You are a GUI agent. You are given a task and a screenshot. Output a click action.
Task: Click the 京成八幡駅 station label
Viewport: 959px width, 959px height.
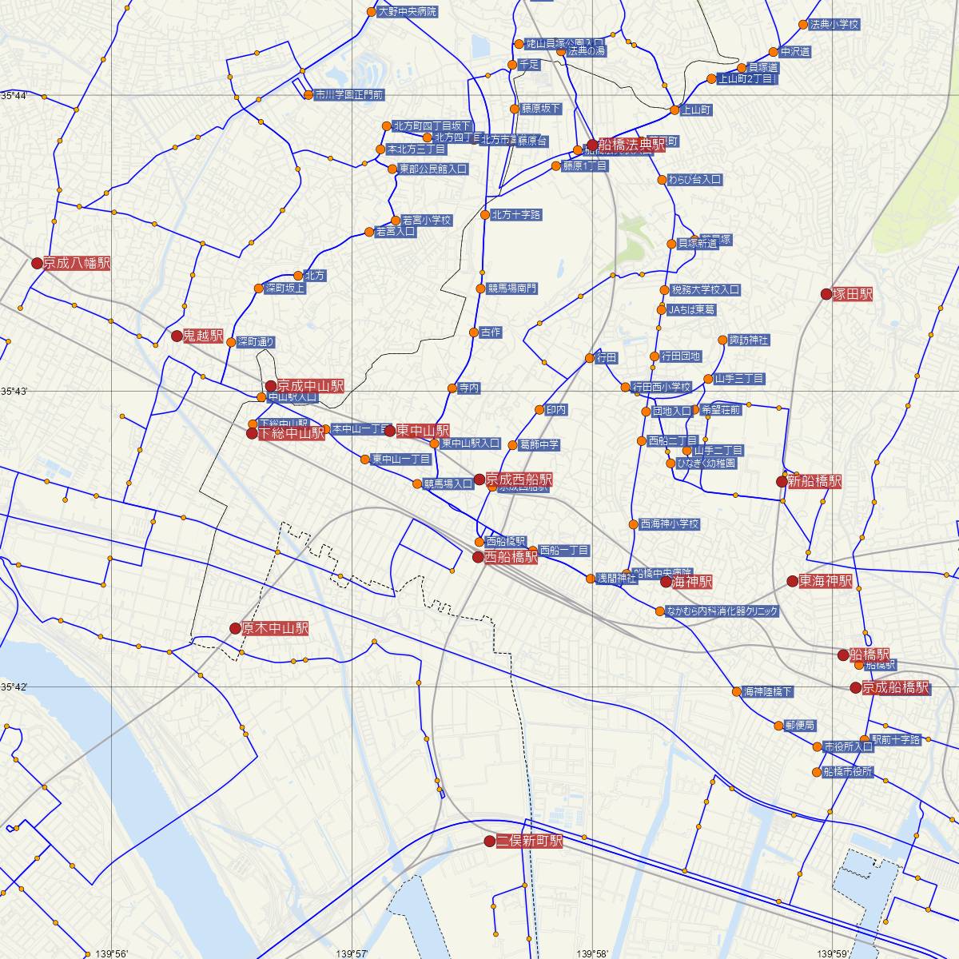(77, 263)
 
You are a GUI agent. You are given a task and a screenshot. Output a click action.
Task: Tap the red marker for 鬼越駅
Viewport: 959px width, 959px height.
(177, 336)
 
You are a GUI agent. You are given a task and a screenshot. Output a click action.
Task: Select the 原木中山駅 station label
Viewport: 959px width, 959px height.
(275, 629)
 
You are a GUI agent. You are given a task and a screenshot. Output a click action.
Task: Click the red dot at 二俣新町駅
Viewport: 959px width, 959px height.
(490, 842)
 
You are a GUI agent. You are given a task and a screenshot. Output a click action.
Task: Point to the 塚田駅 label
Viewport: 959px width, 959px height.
(853, 294)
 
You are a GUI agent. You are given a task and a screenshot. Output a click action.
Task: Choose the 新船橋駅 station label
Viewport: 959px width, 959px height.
(814, 481)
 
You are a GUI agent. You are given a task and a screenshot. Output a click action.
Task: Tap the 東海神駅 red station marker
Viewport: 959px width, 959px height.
(793, 581)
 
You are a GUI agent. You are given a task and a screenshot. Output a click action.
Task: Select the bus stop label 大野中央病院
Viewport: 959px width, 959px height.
(408, 12)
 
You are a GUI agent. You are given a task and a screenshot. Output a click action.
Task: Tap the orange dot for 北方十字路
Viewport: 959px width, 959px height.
(484, 215)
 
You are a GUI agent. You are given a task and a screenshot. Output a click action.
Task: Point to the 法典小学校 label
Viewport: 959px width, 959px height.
(834, 25)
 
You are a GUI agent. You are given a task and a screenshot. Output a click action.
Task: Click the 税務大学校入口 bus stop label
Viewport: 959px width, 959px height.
(705, 290)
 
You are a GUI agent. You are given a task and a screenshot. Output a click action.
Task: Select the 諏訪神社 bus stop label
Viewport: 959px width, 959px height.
(748, 340)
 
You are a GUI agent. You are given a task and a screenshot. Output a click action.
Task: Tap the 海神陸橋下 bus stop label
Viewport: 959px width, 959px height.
(767, 691)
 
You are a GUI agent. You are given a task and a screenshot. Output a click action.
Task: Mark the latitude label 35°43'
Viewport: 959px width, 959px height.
(14, 391)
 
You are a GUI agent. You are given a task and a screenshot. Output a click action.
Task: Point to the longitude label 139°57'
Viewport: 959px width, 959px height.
(352, 953)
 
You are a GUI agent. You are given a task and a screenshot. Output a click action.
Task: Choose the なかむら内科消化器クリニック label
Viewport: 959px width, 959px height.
(722, 611)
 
